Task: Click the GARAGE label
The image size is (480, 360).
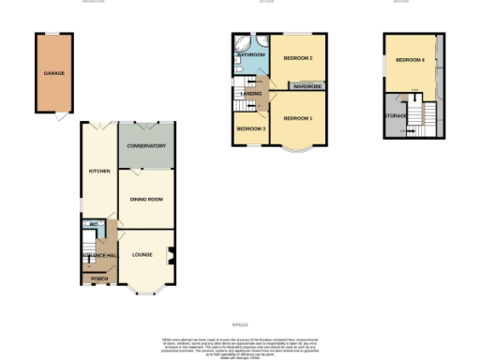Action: pos(53,72)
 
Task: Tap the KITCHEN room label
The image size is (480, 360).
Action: pos(99,172)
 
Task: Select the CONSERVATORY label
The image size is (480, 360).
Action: pos(145,146)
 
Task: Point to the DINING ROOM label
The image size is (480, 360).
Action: pos(146,199)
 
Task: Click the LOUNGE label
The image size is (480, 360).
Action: pos(142,254)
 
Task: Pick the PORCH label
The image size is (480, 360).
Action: pos(98,278)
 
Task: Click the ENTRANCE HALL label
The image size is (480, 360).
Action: pos(98,256)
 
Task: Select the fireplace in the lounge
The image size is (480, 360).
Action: pos(170,254)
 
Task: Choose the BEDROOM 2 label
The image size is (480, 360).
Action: pos(297,58)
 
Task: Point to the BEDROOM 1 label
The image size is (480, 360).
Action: pos(297,118)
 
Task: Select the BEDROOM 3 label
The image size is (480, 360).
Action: pos(250,128)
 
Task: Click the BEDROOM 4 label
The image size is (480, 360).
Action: pos(410,60)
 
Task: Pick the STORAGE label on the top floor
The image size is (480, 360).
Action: pos(395,115)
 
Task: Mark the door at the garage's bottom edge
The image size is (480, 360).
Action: pos(61,116)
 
